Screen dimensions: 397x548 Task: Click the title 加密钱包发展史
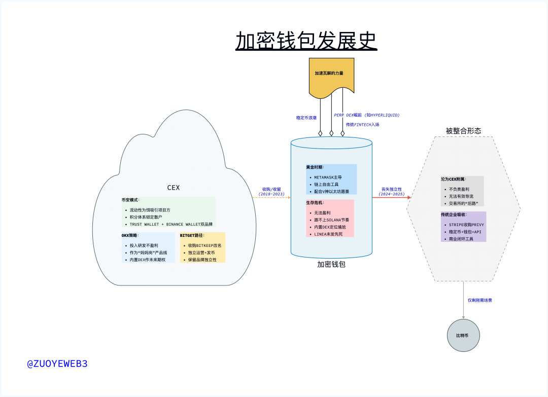pos(306,41)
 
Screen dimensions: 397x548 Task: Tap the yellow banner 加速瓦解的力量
pos(329,74)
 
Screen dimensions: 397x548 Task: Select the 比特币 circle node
pos(463,336)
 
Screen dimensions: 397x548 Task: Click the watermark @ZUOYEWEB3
pos(57,364)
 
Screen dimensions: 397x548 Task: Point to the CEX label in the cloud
pos(174,188)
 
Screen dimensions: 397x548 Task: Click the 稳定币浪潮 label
pos(306,118)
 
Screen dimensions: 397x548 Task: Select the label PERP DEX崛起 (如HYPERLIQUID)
pos(366,115)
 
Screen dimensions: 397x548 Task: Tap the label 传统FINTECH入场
pos(362,124)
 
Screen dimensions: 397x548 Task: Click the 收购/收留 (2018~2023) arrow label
pos(271,191)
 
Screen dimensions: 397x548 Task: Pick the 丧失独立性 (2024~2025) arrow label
pos(391,191)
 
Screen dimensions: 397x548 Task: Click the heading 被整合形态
pos(463,131)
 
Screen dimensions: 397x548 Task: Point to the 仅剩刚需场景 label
pos(479,300)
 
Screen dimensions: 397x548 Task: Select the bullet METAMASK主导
pos(328,177)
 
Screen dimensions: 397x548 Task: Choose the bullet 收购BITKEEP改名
pos(204,245)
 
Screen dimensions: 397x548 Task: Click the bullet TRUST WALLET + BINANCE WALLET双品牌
pos(171,224)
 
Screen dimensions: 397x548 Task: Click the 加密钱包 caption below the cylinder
pos(331,264)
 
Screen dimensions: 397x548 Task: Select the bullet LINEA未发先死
pos(328,234)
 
